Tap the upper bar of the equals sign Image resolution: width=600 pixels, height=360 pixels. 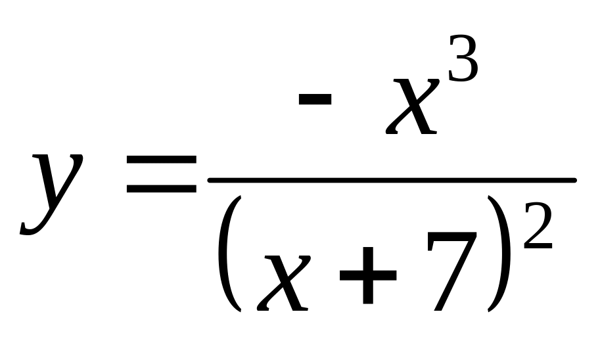162,160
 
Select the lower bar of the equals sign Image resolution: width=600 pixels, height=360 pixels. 162,189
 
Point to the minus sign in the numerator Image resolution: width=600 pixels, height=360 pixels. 314,99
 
